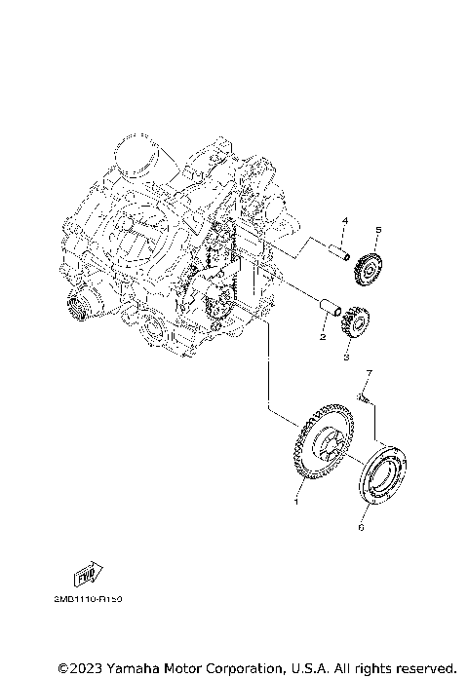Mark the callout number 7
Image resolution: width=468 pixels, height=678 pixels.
(x=370, y=374)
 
